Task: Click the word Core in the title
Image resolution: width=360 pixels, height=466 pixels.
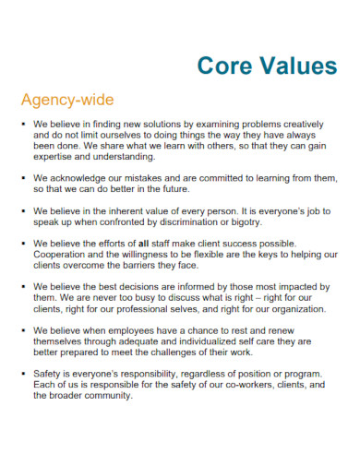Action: [x=227, y=66]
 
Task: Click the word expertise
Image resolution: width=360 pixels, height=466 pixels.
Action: [x=55, y=158]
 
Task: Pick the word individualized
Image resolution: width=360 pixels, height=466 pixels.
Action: [x=214, y=341]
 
